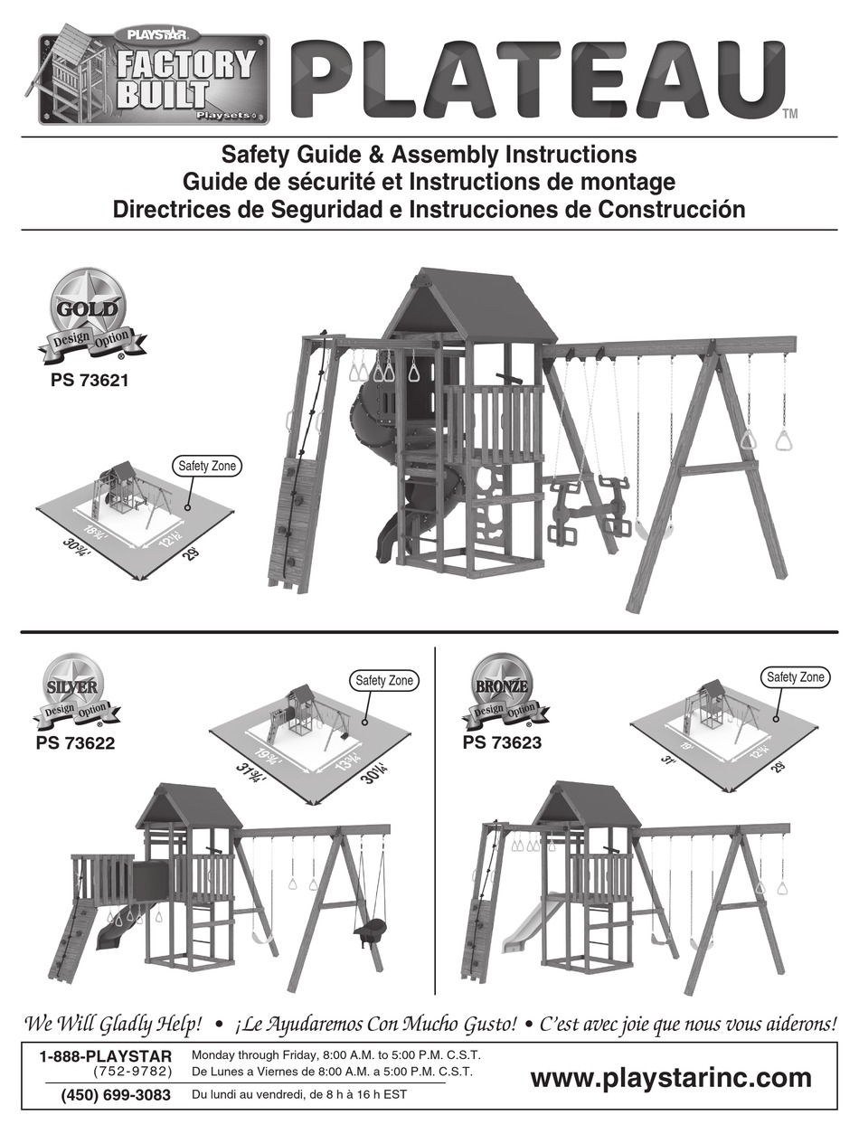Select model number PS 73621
pyautogui.click(x=90, y=381)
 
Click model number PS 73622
pyautogui.click(x=76, y=744)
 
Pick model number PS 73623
pyautogui.click(x=502, y=743)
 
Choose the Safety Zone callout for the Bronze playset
pyautogui.click(x=796, y=676)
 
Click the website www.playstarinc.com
pyautogui.click(x=670, y=1078)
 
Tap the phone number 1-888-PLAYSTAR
pyautogui.click(x=105, y=1056)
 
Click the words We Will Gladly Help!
pyautogui.click(x=113, y=1025)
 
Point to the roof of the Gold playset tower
pyautogui.click(x=470, y=303)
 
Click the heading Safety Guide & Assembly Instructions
pyautogui.click(x=429, y=155)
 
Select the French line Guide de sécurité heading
pyautogui.click(x=429, y=182)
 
